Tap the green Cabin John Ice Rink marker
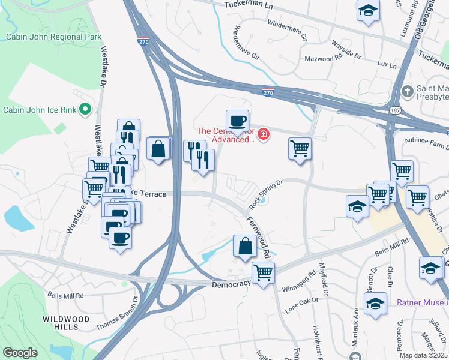(x=85, y=109)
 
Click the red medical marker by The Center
(x=263, y=135)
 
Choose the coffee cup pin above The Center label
(x=238, y=121)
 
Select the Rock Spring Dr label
(x=265, y=196)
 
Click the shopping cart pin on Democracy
(x=263, y=272)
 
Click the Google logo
(x=20, y=353)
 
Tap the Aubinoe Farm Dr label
(x=426, y=147)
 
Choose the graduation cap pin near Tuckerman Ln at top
(x=368, y=10)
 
